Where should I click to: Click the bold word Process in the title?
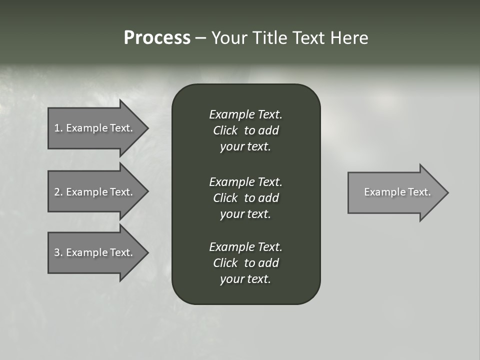(x=157, y=38)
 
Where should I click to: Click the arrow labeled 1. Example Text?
(x=95, y=128)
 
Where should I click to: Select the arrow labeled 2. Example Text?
(x=95, y=192)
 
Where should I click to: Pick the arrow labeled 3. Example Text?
(x=95, y=252)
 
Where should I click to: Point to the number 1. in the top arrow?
(x=58, y=128)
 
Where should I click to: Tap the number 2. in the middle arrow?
(x=58, y=192)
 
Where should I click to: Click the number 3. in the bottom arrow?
(x=58, y=252)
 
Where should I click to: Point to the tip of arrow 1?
(x=146, y=128)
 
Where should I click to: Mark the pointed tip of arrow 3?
(x=146, y=252)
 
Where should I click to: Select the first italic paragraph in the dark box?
(x=245, y=130)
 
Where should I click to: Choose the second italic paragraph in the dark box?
(x=245, y=197)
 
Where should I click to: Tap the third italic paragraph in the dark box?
(x=245, y=263)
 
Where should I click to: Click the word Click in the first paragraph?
(x=225, y=130)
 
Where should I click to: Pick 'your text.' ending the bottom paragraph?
(x=245, y=279)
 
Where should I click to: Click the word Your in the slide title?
(x=230, y=38)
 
